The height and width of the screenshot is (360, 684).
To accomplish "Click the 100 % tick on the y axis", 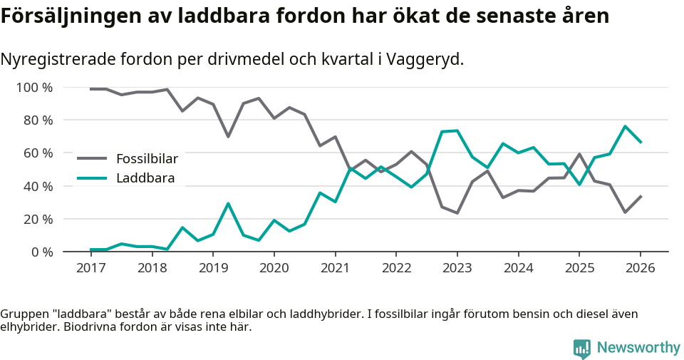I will (x=34, y=88).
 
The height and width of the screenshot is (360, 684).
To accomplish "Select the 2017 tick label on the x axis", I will (x=91, y=268).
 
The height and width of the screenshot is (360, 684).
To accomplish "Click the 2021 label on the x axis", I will (x=335, y=268).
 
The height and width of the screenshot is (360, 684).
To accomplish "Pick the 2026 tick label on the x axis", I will (x=640, y=268).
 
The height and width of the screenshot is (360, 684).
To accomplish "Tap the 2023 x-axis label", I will (x=457, y=268).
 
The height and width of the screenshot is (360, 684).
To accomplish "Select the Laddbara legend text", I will (x=145, y=178).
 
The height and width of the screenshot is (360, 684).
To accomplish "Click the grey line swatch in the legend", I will (x=92, y=159).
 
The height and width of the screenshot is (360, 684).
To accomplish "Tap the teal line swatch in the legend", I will (x=92, y=178).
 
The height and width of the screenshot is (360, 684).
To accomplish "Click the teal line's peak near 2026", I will (x=625, y=126).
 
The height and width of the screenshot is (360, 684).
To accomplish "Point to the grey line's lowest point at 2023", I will (x=457, y=213).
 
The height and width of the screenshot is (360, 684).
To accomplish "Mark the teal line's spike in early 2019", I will (x=228, y=203).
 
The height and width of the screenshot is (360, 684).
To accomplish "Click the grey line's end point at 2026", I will (x=640, y=196).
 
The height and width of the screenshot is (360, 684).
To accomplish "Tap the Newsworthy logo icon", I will (x=581, y=348).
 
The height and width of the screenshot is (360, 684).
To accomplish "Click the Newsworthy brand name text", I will (x=638, y=348).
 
